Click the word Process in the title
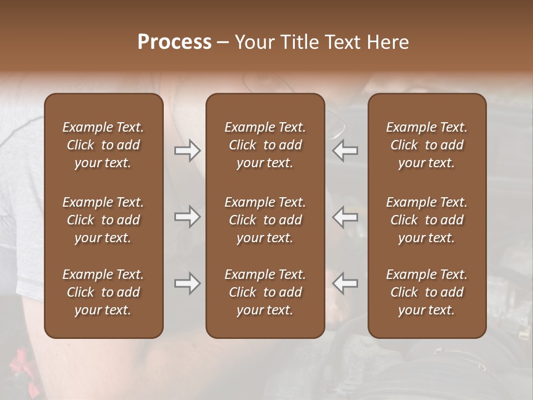[174, 42]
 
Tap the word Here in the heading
[388, 42]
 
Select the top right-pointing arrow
[187, 151]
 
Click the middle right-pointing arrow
[187, 217]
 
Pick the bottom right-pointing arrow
[187, 283]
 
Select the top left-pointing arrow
[345, 151]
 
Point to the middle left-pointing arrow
[345, 217]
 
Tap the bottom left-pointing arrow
[345, 283]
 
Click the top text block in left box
[103, 145]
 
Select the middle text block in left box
[103, 220]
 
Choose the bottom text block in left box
[103, 292]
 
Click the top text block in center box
[265, 145]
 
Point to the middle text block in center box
[265, 220]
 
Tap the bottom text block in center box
[265, 292]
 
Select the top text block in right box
[427, 145]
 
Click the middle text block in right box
[427, 220]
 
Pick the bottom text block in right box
[427, 292]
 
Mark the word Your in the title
[255, 42]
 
